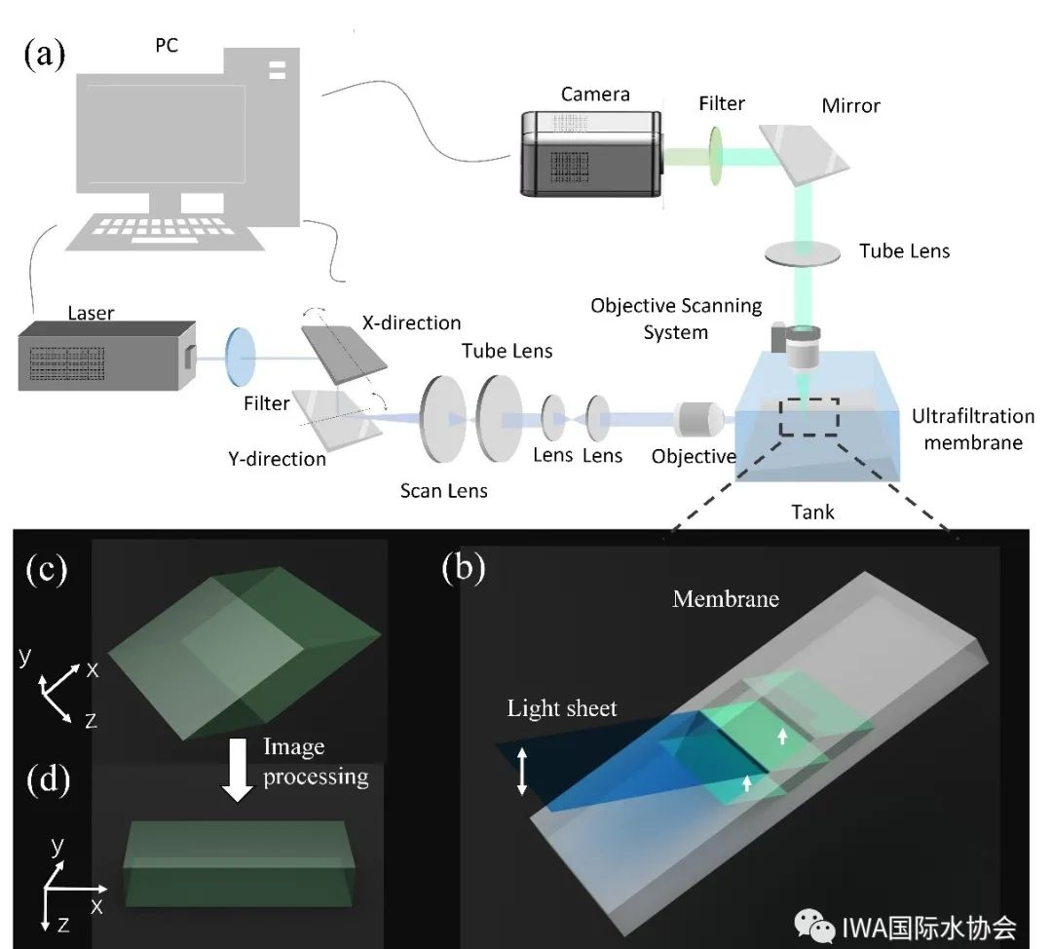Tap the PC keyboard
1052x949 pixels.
click(x=164, y=233)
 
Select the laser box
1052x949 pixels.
click(x=107, y=356)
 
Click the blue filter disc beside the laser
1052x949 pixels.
click(x=241, y=357)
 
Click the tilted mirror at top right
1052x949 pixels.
click(x=805, y=154)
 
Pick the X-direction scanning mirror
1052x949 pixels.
click(x=344, y=355)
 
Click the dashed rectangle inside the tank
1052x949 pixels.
click(x=809, y=417)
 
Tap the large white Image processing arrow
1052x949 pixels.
click(x=238, y=770)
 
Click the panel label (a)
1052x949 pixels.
click(x=44, y=54)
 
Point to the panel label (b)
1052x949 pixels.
click(x=463, y=568)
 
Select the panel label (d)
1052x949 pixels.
click(x=48, y=780)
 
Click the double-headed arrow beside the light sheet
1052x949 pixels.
click(x=522, y=772)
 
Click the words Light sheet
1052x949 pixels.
click(x=562, y=708)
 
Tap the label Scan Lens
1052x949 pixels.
click(x=443, y=491)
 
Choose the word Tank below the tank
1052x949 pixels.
click(x=812, y=512)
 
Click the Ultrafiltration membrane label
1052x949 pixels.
click(x=973, y=430)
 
